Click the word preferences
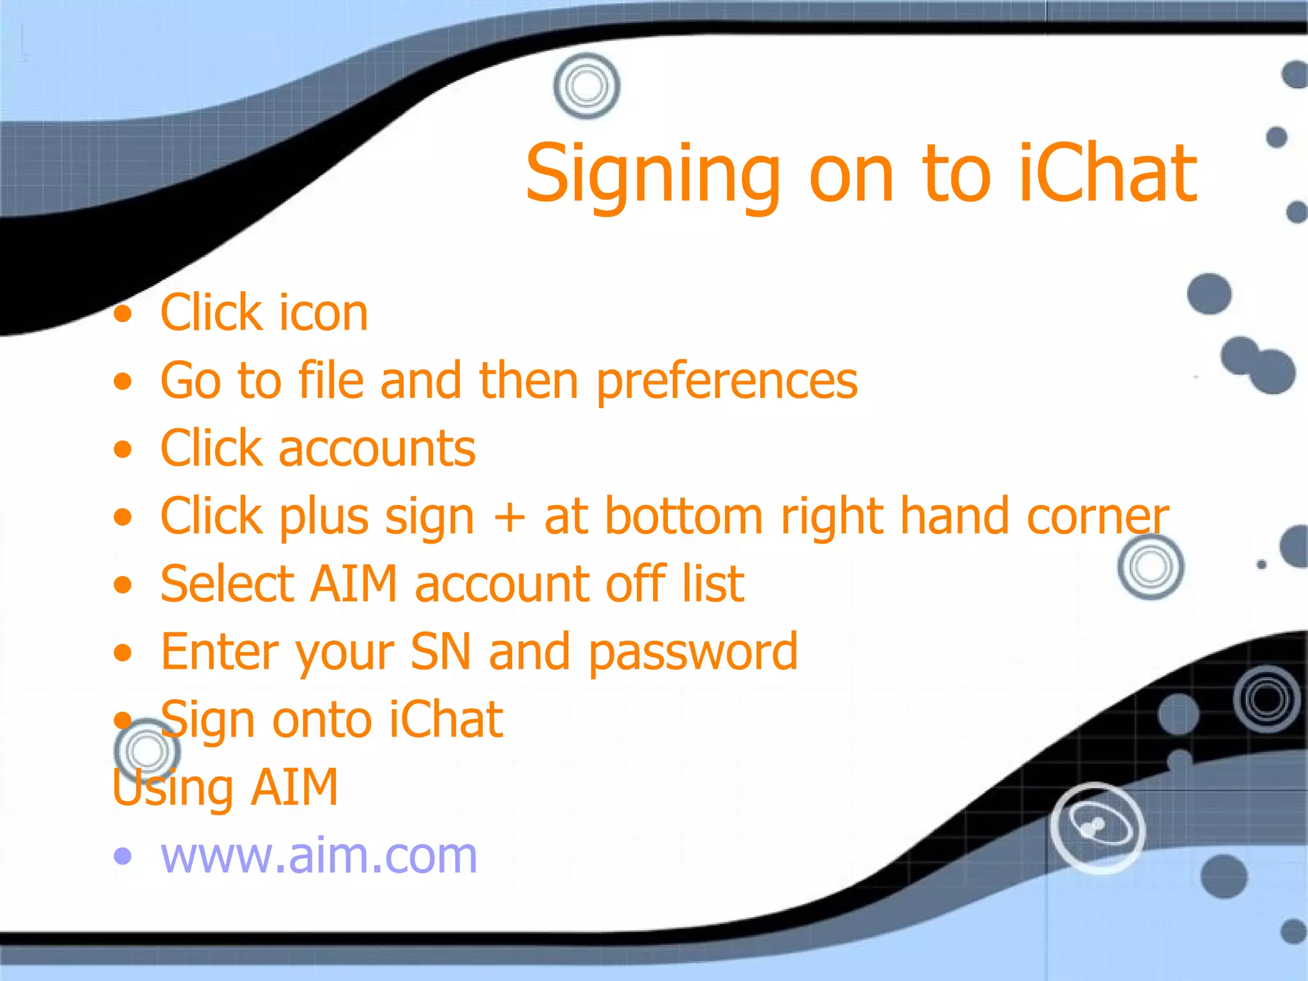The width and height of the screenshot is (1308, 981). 727,381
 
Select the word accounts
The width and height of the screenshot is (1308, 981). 377,449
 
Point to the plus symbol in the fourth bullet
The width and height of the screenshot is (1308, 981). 509,517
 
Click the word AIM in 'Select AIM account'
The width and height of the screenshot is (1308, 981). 354,584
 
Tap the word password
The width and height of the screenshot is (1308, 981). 693,652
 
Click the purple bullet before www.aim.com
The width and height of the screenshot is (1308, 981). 123,856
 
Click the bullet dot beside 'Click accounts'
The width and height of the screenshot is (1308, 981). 123,449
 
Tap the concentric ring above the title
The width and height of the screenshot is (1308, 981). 586,86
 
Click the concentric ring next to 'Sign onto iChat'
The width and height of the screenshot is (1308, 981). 147,751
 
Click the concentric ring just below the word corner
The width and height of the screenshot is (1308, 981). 1150,567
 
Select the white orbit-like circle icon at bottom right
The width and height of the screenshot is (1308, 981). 1097,828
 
